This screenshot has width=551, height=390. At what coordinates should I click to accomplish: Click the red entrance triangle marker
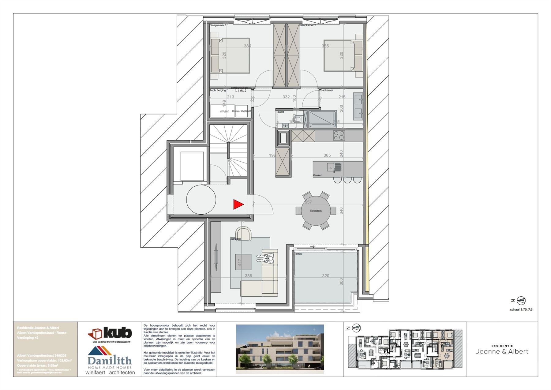click(238, 204)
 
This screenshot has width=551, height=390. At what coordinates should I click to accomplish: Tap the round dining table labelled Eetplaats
click(316, 211)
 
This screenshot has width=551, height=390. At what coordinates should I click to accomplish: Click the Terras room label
click(298, 254)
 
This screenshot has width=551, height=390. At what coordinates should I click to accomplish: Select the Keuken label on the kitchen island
click(317, 175)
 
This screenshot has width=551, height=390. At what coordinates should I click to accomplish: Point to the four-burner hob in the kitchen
click(339, 135)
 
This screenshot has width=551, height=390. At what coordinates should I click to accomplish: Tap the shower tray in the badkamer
click(322, 119)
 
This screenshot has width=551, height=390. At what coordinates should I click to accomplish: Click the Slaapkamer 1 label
click(218, 25)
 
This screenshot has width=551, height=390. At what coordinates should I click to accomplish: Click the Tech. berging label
click(218, 90)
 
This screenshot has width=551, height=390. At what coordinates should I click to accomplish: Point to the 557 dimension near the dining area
click(308, 202)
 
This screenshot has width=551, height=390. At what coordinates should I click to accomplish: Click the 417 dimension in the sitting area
click(240, 262)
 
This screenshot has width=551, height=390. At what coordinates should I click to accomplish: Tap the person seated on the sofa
click(267, 259)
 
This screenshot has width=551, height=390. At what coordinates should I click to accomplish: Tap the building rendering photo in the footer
click(279, 349)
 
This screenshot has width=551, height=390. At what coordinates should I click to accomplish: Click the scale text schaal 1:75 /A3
click(521, 309)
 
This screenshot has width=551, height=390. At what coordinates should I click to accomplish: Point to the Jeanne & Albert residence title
click(502, 351)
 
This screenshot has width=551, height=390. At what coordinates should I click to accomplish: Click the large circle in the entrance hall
click(201, 200)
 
